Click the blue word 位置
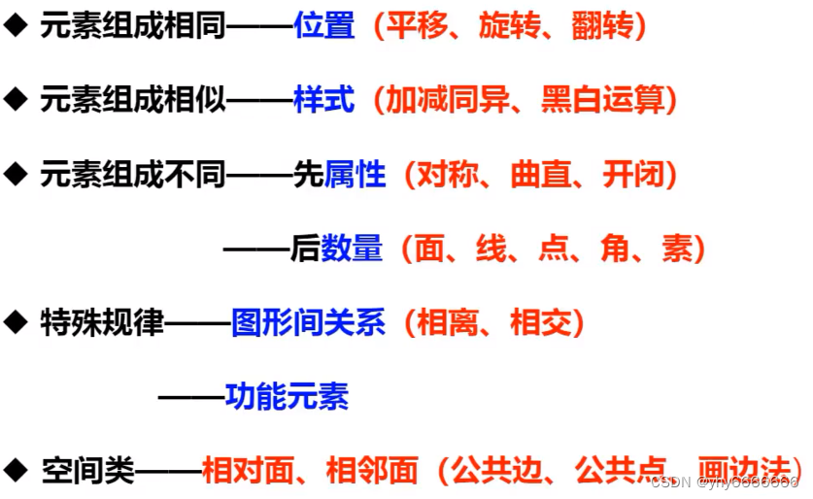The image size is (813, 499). pos(324,26)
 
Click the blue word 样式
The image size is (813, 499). pos(324,100)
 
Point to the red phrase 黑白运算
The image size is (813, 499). pos(604,100)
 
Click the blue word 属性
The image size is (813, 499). pos(355,175)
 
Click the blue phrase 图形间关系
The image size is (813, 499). pos(308,322)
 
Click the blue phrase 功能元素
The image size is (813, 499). pos(287,396)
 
